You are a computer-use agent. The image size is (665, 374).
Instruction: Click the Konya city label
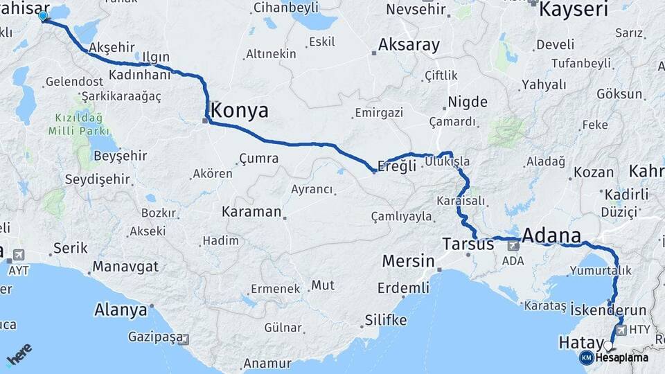click(x=240, y=111)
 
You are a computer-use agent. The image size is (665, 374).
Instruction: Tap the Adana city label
click(x=551, y=235)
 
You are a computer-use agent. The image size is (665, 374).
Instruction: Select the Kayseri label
click(x=573, y=10)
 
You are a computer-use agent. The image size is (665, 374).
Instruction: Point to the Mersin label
click(x=408, y=262)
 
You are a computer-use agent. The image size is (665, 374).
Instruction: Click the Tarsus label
click(x=468, y=244)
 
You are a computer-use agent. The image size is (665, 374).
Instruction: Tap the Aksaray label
click(x=409, y=45)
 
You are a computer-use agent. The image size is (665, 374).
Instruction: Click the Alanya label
click(x=121, y=310)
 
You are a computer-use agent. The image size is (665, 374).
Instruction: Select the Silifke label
click(x=384, y=320)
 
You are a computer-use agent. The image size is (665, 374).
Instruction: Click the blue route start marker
click(x=43, y=16)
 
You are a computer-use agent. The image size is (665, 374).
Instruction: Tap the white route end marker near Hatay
click(x=608, y=345)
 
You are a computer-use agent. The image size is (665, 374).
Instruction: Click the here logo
click(x=19, y=355)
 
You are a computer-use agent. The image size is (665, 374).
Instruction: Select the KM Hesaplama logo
click(x=613, y=357)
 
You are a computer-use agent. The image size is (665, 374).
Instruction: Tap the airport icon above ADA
click(x=513, y=245)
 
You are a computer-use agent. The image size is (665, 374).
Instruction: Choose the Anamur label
click(x=266, y=363)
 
